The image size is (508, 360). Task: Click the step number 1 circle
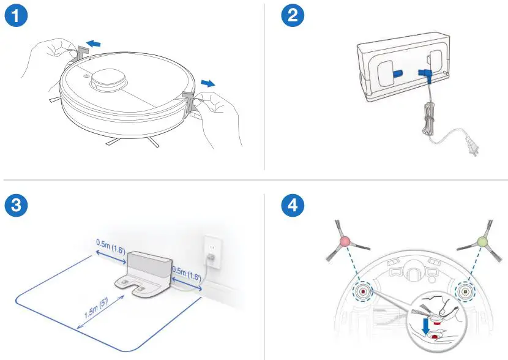click(x=16, y=17)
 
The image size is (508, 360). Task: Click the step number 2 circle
click(x=293, y=17)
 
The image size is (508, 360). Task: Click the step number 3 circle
click(x=16, y=206)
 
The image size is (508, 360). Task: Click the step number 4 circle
click(x=293, y=206)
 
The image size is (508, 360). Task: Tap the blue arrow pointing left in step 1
click(x=94, y=43)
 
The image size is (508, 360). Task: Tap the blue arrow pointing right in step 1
click(x=208, y=83)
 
